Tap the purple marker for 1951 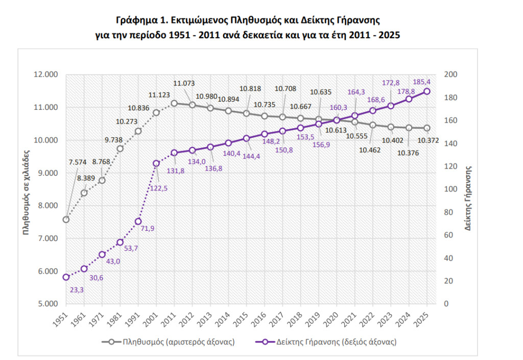[x=66, y=277]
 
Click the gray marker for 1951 [x=66, y=220]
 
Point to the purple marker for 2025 [x=427, y=91]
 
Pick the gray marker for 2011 [x=174, y=103]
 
